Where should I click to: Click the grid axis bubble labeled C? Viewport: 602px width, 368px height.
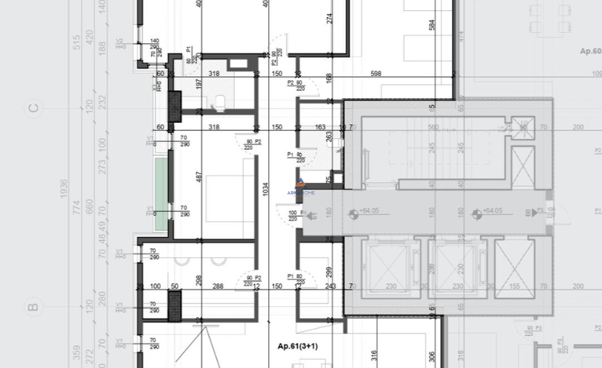click(x=32, y=109)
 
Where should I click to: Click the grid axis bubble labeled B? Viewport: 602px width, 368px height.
click(x=32, y=306)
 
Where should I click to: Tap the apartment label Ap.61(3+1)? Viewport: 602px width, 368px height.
click(x=298, y=346)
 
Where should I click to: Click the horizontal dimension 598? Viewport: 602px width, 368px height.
click(x=375, y=74)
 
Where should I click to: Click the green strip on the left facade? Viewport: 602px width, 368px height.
click(x=161, y=193)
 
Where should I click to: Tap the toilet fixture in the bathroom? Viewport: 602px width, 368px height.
click(x=221, y=102)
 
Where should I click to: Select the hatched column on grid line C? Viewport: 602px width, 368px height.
click(x=175, y=106)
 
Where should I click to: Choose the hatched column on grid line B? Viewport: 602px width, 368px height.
click(x=175, y=305)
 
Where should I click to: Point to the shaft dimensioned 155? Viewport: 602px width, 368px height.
click(x=514, y=268)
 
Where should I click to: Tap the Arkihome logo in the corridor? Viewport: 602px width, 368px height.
click(x=300, y=186)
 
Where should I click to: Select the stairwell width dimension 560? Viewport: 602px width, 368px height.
click(x=433, y=127)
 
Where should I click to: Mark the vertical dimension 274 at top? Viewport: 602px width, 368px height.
click(x=329, y=19)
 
